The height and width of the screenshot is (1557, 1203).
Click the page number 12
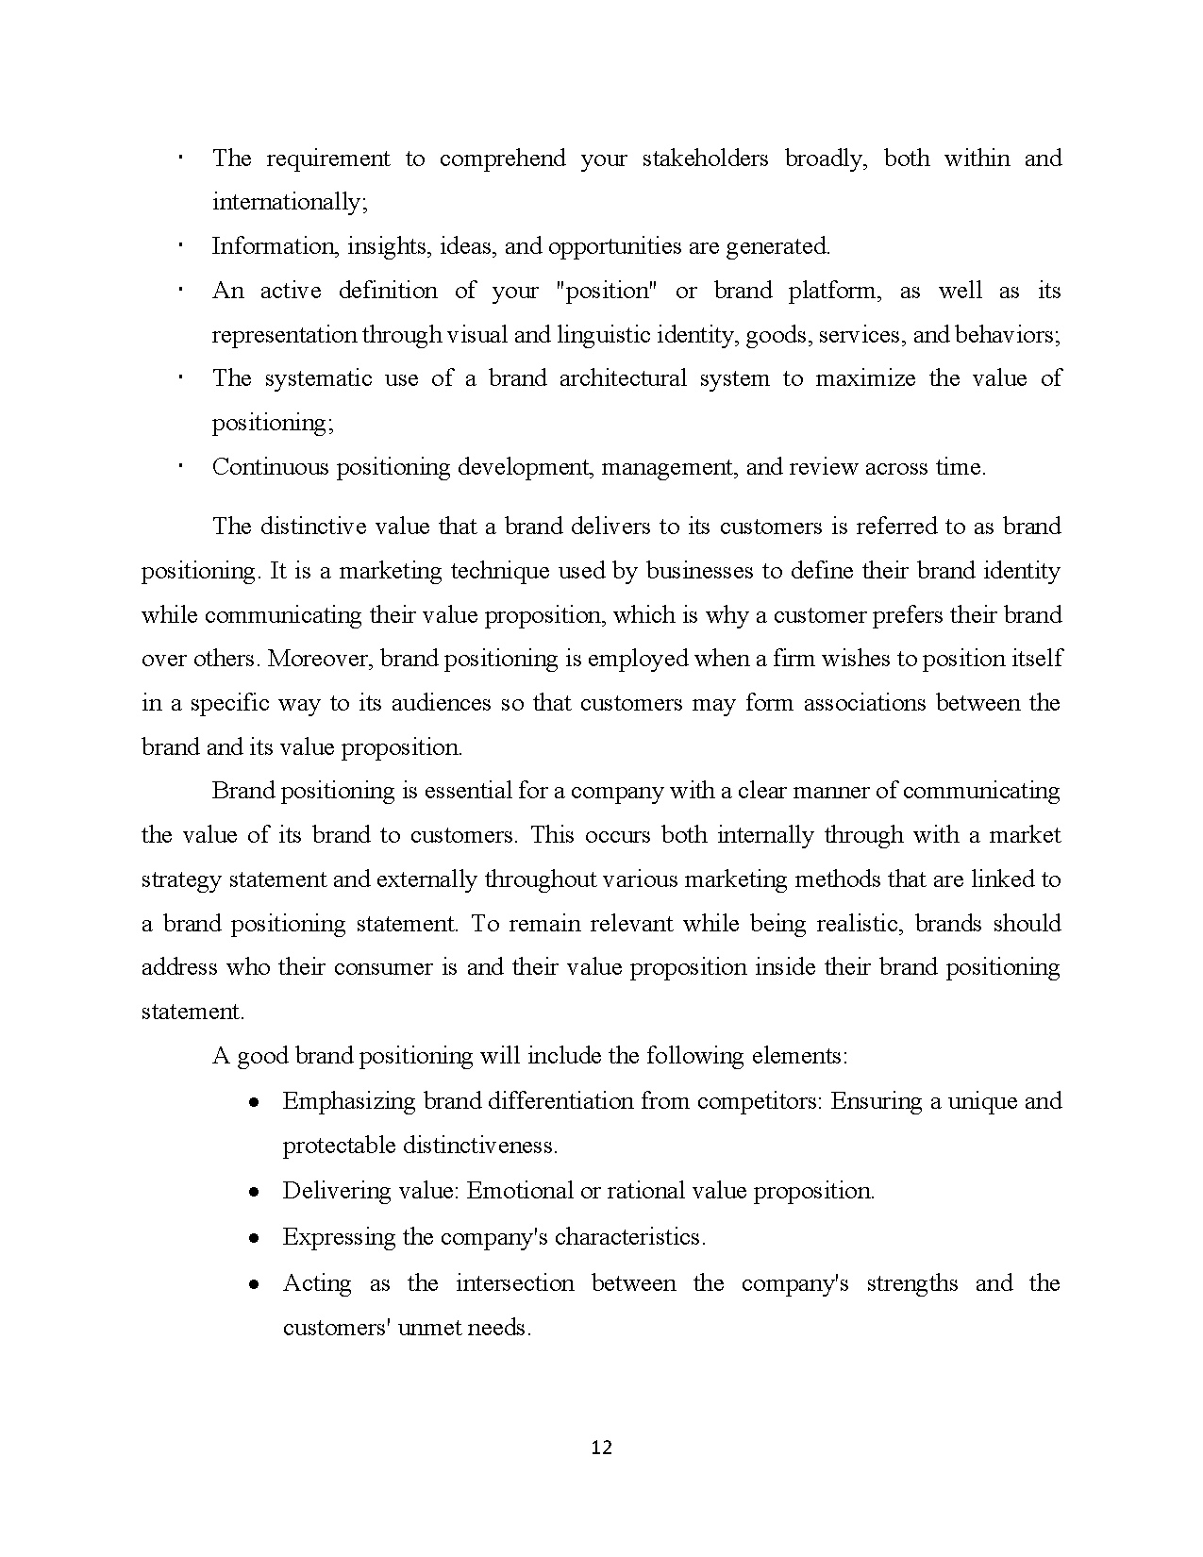(x=601, y=1448)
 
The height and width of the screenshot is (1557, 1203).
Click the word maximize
(x=864, y=378)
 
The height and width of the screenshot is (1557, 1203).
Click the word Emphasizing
(x=349, y=1101)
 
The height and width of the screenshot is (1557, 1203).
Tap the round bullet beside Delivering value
(x=254, y=1192)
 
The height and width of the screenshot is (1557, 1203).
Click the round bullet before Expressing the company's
(x=254, y=1238)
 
